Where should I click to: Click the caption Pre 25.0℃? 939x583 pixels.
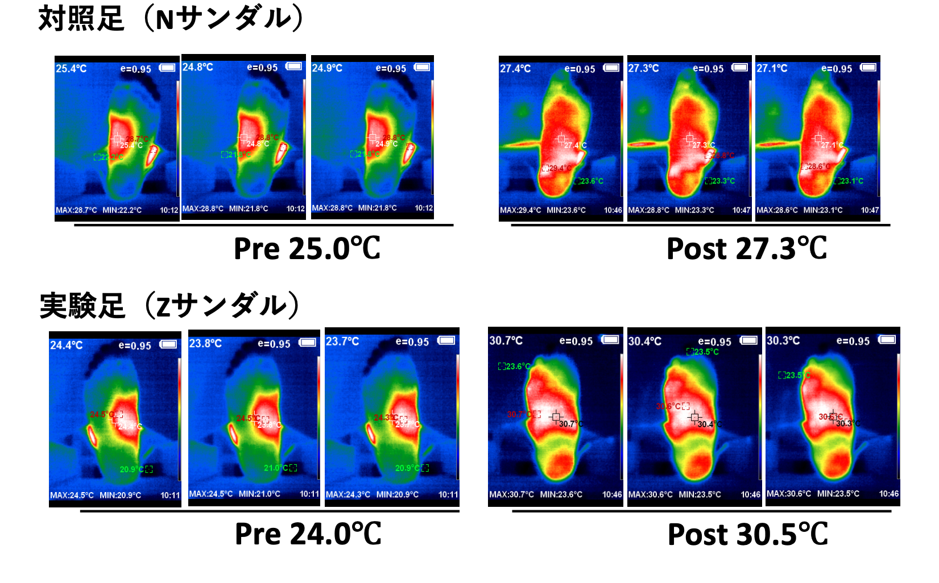307,249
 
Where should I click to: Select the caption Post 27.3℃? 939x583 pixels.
746,249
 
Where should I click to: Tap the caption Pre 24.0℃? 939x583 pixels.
308,534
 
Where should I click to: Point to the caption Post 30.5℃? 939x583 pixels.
747,535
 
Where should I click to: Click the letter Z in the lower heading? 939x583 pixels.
163,307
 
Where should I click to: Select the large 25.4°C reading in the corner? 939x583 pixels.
71,69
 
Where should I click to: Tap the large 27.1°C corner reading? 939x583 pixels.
772,68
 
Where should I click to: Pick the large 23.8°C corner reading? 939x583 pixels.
205,343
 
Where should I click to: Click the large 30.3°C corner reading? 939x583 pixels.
783,340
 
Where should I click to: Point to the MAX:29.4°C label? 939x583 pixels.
520,210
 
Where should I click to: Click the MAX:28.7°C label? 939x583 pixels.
76,210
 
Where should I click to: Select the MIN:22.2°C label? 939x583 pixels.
122,210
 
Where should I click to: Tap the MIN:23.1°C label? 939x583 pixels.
823,210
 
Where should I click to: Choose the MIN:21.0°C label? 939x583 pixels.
259,494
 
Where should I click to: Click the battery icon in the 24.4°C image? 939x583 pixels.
168,344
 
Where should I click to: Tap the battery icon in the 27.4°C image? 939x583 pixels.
611,68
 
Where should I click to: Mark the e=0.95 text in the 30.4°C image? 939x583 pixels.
714,342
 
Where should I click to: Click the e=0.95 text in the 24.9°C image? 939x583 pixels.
391,68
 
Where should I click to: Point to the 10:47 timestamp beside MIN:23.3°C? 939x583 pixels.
741,210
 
